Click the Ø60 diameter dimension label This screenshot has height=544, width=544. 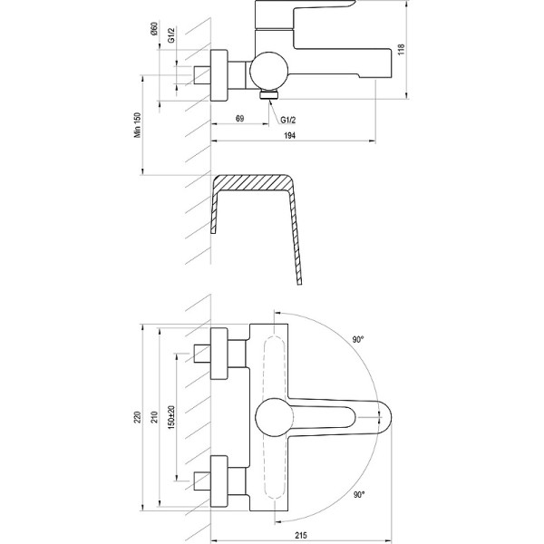tap(154, 28)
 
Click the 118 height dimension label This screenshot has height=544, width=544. tap(401, 50)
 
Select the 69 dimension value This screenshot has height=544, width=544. tap(239, 118)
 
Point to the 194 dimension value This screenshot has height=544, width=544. tap(290, 136)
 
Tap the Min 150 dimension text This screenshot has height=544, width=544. tap(138, 125)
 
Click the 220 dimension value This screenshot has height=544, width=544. tap(138, 417)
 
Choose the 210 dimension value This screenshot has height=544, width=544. tap(154, 417)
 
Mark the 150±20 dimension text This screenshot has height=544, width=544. tap(171, 417)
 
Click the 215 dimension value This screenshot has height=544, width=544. tap(301, 536)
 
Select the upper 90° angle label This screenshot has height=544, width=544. tap(358, 340)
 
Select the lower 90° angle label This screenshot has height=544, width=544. tap(359, 495)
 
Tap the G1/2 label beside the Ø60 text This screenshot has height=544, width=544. tap(171, 35)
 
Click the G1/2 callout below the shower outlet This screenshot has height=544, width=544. tap(288, 120)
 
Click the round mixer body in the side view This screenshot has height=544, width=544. tap(269, 71)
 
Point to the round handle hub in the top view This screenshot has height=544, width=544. tap(274, 417)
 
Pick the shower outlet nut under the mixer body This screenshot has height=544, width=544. tap(269, 94)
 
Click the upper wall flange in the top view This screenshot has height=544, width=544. tap(219, 354)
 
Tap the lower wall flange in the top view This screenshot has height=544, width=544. tap(219, 481)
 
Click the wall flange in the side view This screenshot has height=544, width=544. tap(219, 75)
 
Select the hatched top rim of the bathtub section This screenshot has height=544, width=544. tap(253, 182)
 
